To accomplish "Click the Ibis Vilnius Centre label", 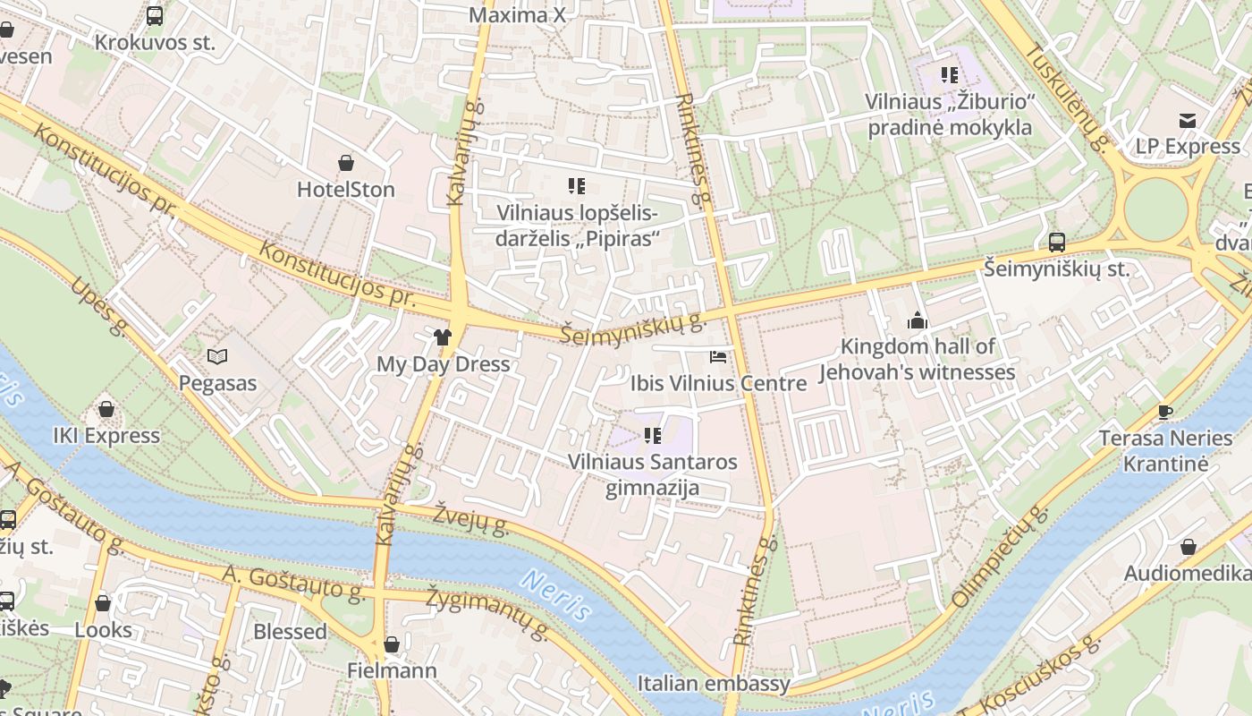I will tap(718, 384).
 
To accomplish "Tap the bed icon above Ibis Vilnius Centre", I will tap(717, 357).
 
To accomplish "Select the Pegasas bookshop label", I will tap(217, 384).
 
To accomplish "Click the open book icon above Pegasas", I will tap(217, 356).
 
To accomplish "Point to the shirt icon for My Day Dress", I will tap(443, 337).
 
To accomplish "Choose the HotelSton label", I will tap(346, 190).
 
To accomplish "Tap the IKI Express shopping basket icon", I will tap(106, 409).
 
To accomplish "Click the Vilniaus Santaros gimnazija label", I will tap(653, 475).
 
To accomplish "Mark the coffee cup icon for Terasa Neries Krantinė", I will tap(1164, 412).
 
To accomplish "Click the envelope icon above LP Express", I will tap(1188, 121).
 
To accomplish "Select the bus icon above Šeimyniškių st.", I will tap(1056, 242).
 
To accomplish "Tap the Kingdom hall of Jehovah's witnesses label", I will tap(918, 360).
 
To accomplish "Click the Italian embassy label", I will tap(714, 684).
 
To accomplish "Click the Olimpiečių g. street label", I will tap(999, 557).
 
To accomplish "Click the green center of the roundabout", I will tap(1156, 209).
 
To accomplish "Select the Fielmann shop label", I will tap(392, 670).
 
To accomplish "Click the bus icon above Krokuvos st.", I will tap(155, 16).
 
